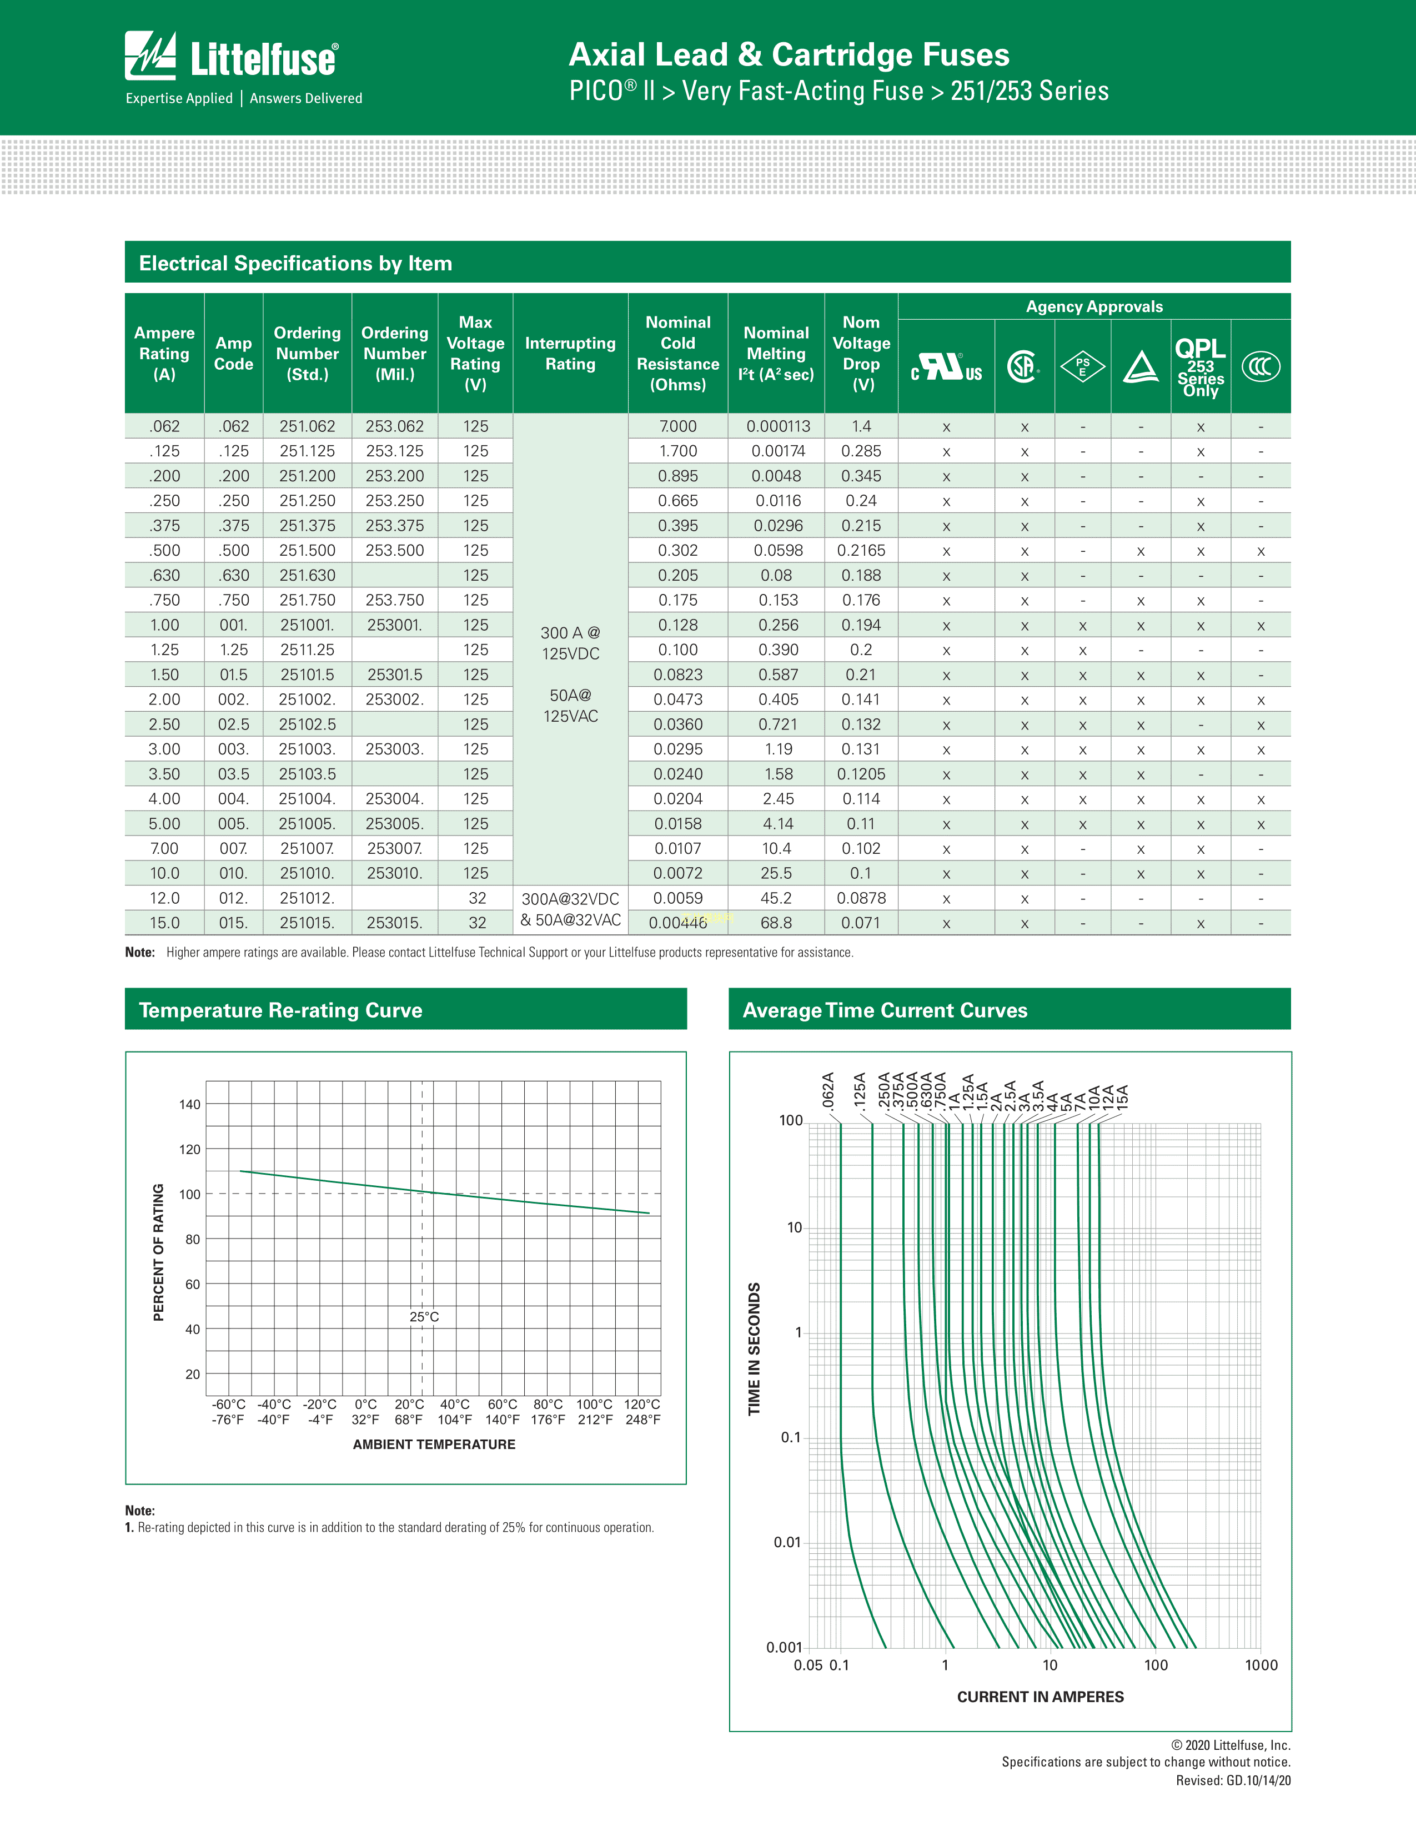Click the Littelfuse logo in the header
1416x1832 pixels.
click(232, 57)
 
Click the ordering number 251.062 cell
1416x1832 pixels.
click(307, 426)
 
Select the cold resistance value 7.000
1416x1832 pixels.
click(678, 426)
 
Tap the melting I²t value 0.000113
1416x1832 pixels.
click(777, 426)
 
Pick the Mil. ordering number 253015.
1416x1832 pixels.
click(394, 923)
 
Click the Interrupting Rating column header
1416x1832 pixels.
click(570, 353)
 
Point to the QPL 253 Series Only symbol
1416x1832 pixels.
click(1201, 366)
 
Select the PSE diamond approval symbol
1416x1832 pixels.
click(1082, 366)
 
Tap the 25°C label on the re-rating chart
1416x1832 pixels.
click(424, 1317)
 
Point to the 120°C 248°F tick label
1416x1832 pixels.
click(642, 1412)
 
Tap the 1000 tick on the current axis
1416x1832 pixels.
click(1261, 1665)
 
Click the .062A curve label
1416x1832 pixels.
click(828, 1090)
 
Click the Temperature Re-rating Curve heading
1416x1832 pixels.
click(280, 1010)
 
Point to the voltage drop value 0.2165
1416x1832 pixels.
click(861, 550)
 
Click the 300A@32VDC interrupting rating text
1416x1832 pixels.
click(570, 898)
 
